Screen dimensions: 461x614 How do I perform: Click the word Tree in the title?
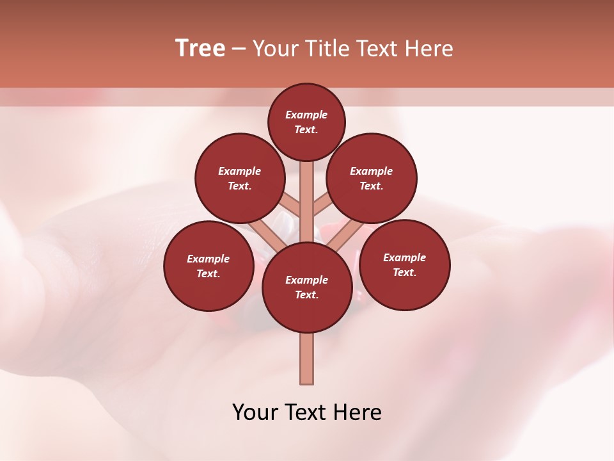200,49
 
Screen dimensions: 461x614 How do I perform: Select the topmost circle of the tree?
306,122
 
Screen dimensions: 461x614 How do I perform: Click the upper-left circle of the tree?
240,179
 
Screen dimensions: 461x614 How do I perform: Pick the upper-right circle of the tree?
372,179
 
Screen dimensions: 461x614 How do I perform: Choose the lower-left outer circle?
209,266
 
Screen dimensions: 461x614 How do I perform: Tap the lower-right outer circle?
404,264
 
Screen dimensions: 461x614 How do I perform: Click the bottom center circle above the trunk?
307,287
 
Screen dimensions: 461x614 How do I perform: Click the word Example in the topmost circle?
306,115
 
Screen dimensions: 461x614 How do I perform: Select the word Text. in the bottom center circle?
306,295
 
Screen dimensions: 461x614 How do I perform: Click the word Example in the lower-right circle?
404,257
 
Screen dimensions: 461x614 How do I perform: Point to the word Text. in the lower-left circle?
208,274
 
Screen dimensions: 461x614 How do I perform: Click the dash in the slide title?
239,49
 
